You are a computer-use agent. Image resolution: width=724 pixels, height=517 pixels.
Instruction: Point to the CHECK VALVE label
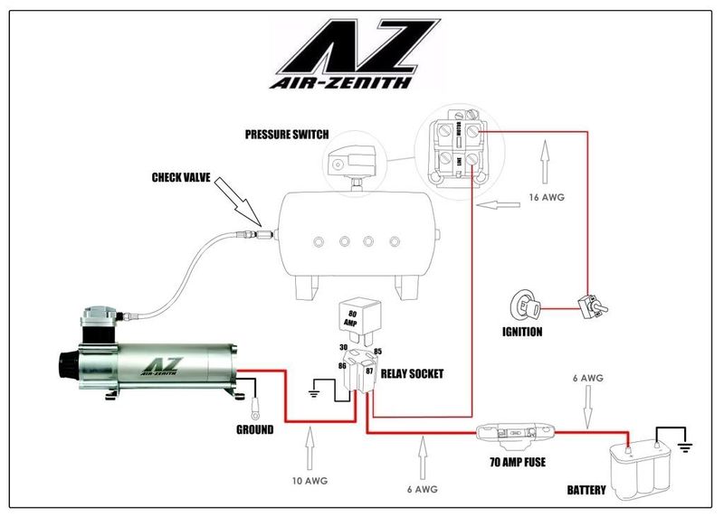point(181,178)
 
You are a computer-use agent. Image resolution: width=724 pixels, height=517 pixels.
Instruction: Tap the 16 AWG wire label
point(546,196)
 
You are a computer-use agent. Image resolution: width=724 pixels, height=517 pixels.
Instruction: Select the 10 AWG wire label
point(310,479)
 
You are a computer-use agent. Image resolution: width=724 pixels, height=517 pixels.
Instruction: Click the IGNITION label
point(522,332)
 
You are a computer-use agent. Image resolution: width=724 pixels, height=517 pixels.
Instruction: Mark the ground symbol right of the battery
point(686,445)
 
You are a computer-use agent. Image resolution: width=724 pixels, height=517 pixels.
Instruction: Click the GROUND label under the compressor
point(254,430)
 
